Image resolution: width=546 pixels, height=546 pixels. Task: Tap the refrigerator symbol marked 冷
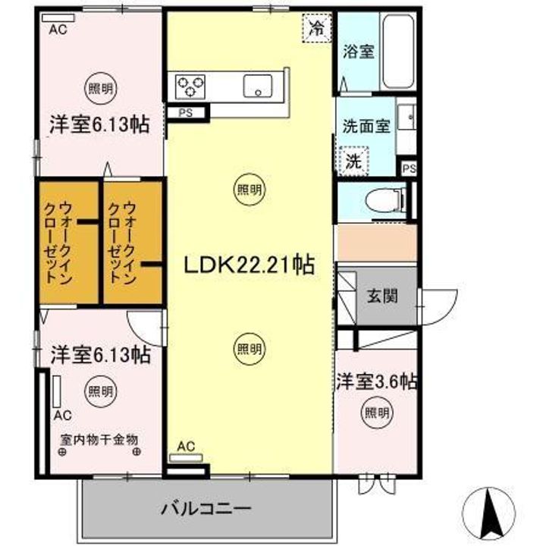[x=316, y=29]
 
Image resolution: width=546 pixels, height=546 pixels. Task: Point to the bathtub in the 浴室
[x=397, y=50]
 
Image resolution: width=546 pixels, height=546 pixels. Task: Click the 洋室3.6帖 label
[x=377, y=380]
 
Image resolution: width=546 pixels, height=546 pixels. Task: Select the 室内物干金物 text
[x=99, y=440]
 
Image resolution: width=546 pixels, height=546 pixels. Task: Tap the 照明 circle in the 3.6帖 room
[x=377, y=413]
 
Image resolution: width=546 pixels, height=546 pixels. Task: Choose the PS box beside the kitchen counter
[x=186, y=113]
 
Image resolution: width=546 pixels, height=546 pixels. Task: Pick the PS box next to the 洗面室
[x=409, y=168]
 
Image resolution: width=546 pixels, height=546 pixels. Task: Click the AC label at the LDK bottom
[x=186, y=447]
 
